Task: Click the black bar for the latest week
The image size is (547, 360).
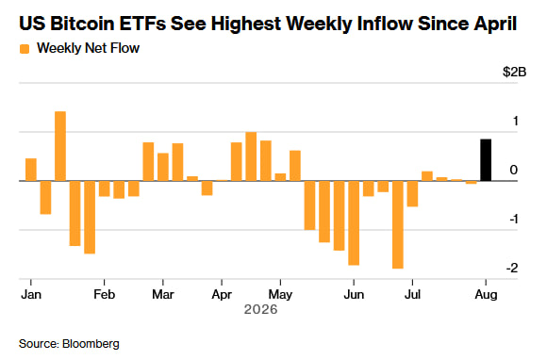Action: click(486, 160)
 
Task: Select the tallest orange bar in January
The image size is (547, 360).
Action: click(60, 146)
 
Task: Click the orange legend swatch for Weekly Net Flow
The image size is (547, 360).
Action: click(25, 49)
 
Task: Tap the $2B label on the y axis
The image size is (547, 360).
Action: click(514, 72)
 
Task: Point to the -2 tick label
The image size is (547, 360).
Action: click(512, 268)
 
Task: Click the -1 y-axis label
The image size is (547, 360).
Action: click(513, 219)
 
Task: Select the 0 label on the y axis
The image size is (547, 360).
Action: click(513, 170)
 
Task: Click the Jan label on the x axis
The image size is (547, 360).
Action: click(31, 294)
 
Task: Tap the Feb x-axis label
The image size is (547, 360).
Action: click(105, 294)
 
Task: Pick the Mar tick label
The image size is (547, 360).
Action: click(163, 294)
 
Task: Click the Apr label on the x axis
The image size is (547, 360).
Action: click(222, 295)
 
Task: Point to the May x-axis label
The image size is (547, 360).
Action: click(280, 295)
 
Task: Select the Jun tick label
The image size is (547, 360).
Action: click(354, 294)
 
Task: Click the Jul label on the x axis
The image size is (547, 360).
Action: click(412, 294)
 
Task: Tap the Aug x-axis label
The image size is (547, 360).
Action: click(486, 295)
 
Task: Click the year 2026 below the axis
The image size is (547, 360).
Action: click(260, 309)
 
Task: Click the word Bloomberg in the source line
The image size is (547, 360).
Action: click(91, 344)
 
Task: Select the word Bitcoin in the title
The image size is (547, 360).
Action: click(82, 24)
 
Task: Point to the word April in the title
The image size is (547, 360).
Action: click(495, 25)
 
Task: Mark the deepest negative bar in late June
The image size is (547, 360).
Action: click(398, 225)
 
